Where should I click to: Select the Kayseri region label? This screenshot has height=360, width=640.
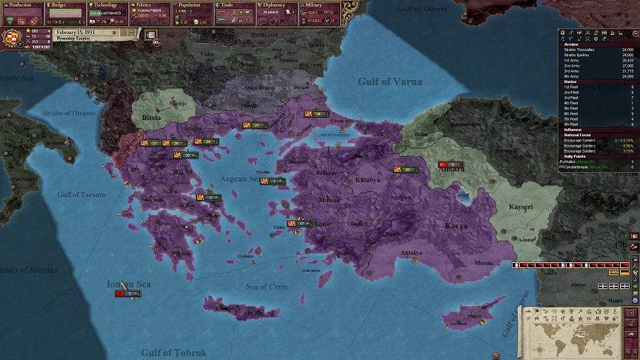tap(527, 207)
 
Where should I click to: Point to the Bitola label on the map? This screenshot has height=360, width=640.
tap(151, 117)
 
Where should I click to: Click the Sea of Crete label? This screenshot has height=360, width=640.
tap(267, 287)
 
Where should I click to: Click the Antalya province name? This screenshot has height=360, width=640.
tap(411, 253)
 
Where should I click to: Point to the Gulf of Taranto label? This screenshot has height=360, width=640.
tap(81, 194)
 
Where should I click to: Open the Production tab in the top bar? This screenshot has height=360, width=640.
tap(21, 4)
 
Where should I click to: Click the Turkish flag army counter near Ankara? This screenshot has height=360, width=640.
tap(448, 164)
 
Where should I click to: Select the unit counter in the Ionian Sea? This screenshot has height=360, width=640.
tap(128, 294)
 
